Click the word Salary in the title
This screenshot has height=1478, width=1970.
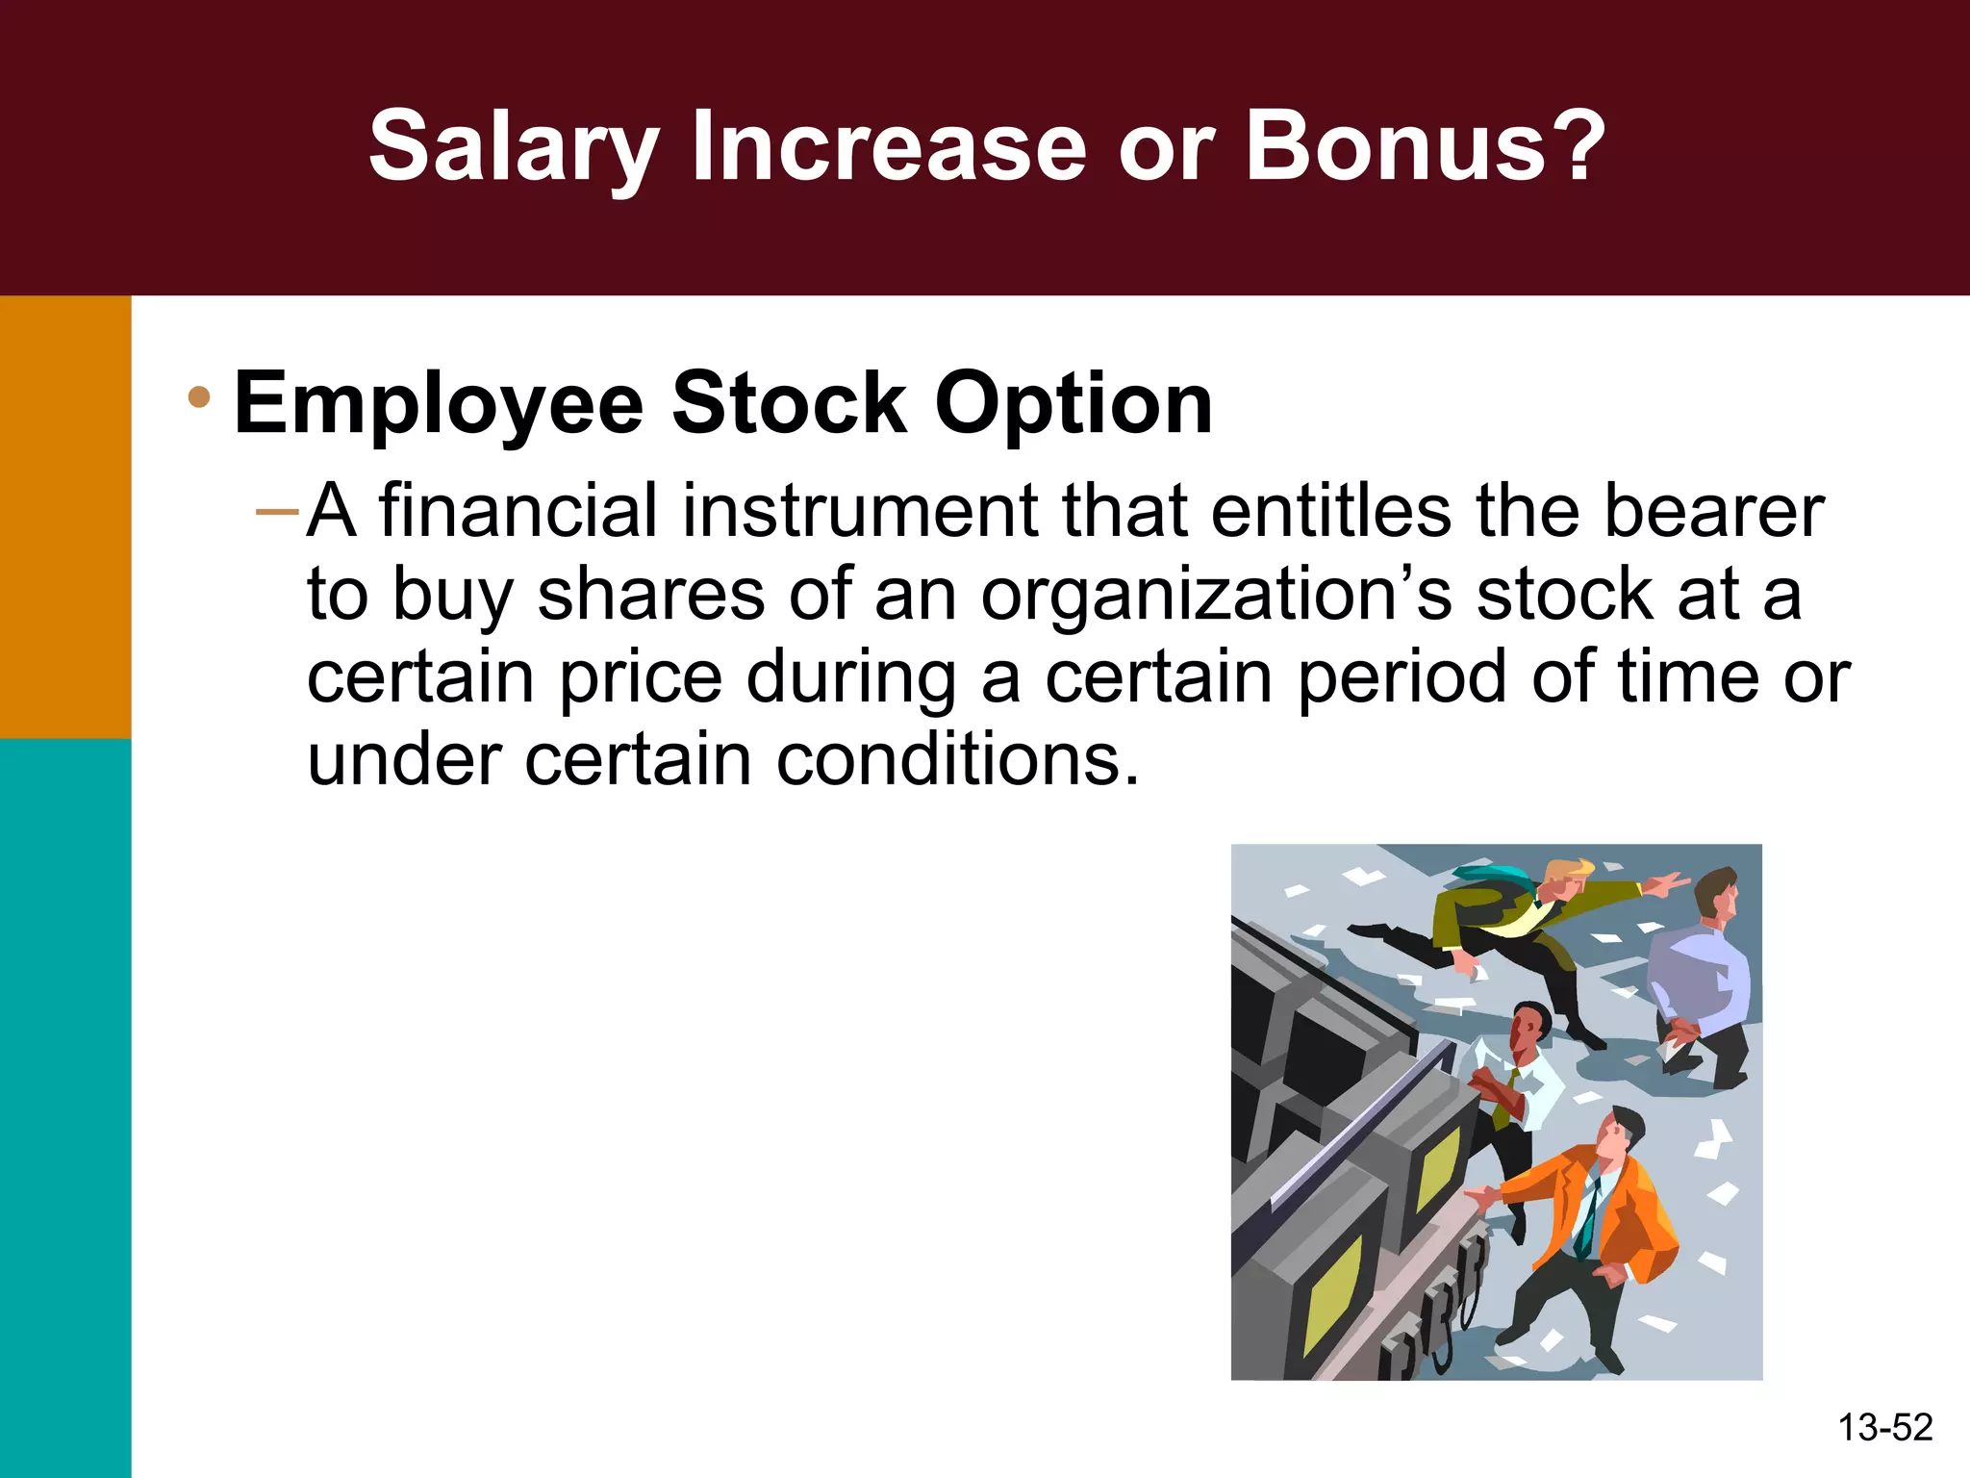coord(513,147)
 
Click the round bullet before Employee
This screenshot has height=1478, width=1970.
coord(199,397)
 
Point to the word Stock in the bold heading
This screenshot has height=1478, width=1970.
coord(789,403)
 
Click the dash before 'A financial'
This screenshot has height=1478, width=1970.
coord(278,510)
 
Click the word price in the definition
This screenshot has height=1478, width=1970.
coord(641,678)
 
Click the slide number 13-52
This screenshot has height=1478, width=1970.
coord(1884,1427)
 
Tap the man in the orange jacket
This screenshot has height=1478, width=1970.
coord(1597,1222)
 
